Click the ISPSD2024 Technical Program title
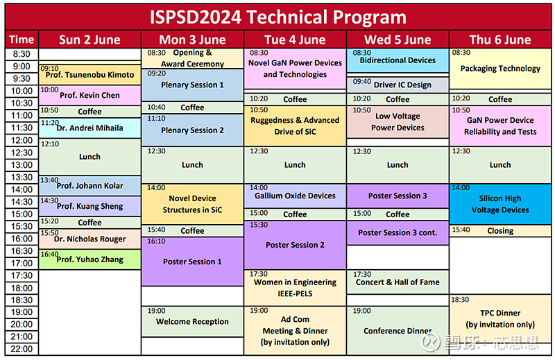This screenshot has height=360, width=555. pyautogui.click(x=277, y=16)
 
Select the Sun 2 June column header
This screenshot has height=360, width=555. pyautogui.click(x=89, y=40)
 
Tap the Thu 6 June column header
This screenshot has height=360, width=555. pyautogui.click(x=499, y=40)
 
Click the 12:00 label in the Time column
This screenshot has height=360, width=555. pyautogui.click(x=22, y=140)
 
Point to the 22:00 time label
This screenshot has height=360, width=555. pyautogui.click(x=22, y=349)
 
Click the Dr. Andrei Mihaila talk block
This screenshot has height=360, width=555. pyautogui.click(x=89, y=128)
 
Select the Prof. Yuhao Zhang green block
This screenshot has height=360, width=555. pyautogui.click(x=89, y=259)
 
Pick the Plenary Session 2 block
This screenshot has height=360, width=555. pyautogui.click(x=192, y=130)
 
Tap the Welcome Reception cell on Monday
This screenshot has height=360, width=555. pyautogui.click(x=192, y=321)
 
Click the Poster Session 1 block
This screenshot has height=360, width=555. pyautogui.click(x=192, y=262)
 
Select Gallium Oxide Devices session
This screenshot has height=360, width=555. pyautogui.click(x=295, y=196)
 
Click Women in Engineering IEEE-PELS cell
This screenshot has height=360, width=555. pyautogui.click(x=295, y=287)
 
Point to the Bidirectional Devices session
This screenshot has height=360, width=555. pyautogui.click(x=398, y=60)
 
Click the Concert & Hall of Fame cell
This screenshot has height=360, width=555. pyautogui.click(x=398, y=282)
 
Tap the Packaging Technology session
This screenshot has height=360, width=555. pyautogui.click(x=499, y=69)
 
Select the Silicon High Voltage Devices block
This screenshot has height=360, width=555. pyautogui.click(x=499, y=205)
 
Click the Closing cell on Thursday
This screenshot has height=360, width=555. pyautogui.click(x=499, y=231)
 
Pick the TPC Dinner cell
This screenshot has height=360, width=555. pyautogui.click(x=499, y=318)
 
